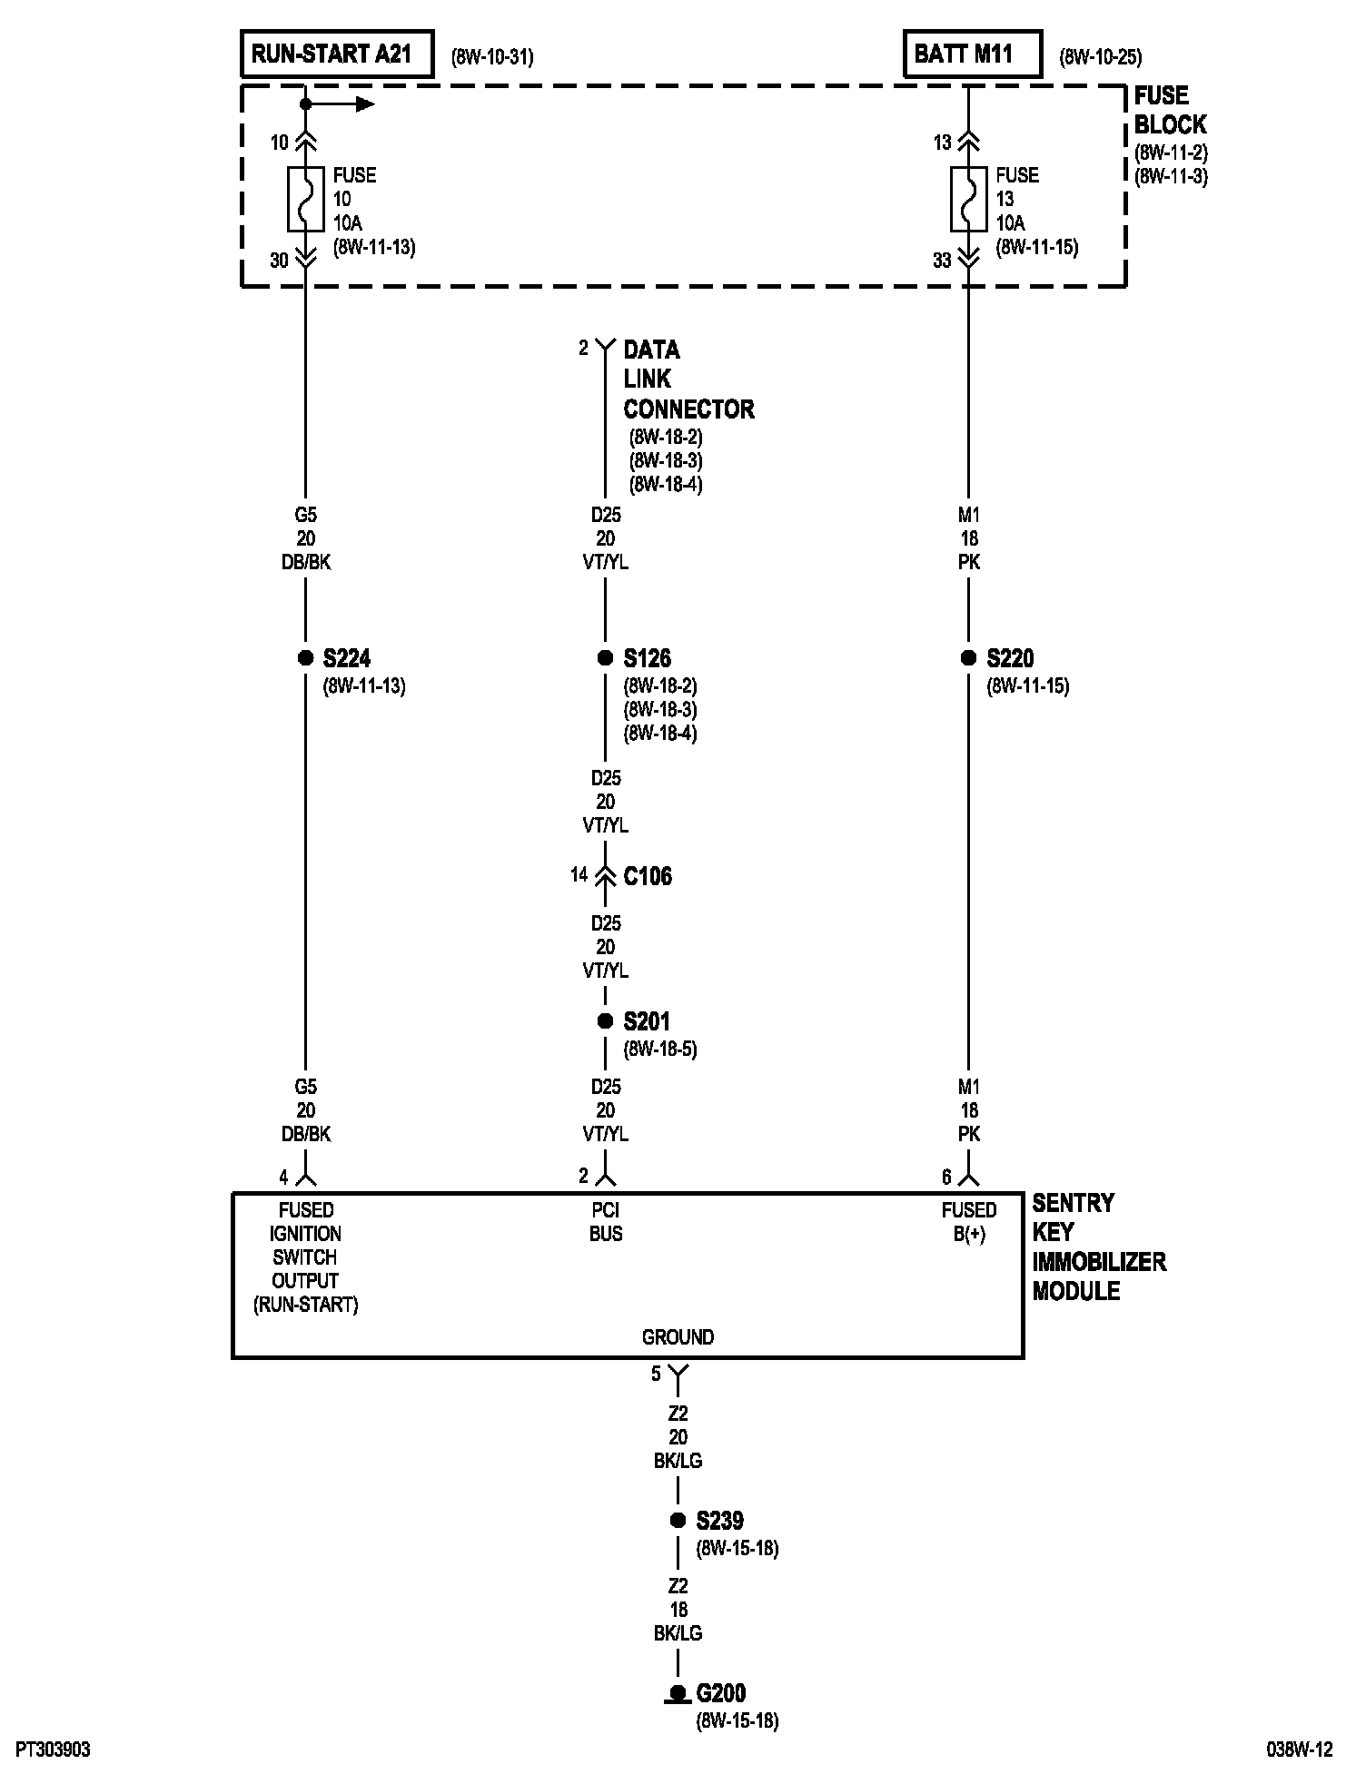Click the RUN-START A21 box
[336, 54]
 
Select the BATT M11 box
[971, 54]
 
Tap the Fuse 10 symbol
[306, 199]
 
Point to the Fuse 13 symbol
[969, 199]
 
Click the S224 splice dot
[306, 658]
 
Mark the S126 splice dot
[606, 658]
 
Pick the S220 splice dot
[969, 658]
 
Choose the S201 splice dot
[606, 1021]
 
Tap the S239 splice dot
[678, 1521]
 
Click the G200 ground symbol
[678, 1693]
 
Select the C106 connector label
[648, 876]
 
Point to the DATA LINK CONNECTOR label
[688, 379]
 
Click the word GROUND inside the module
[678, 1337]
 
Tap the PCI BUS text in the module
[606, 1222]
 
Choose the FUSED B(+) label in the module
[969, 1222]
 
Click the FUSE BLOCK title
[1170, 110]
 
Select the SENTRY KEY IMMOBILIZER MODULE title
[1098, 1247]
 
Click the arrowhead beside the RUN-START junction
[365, 104]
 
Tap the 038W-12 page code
[1300, 1749]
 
